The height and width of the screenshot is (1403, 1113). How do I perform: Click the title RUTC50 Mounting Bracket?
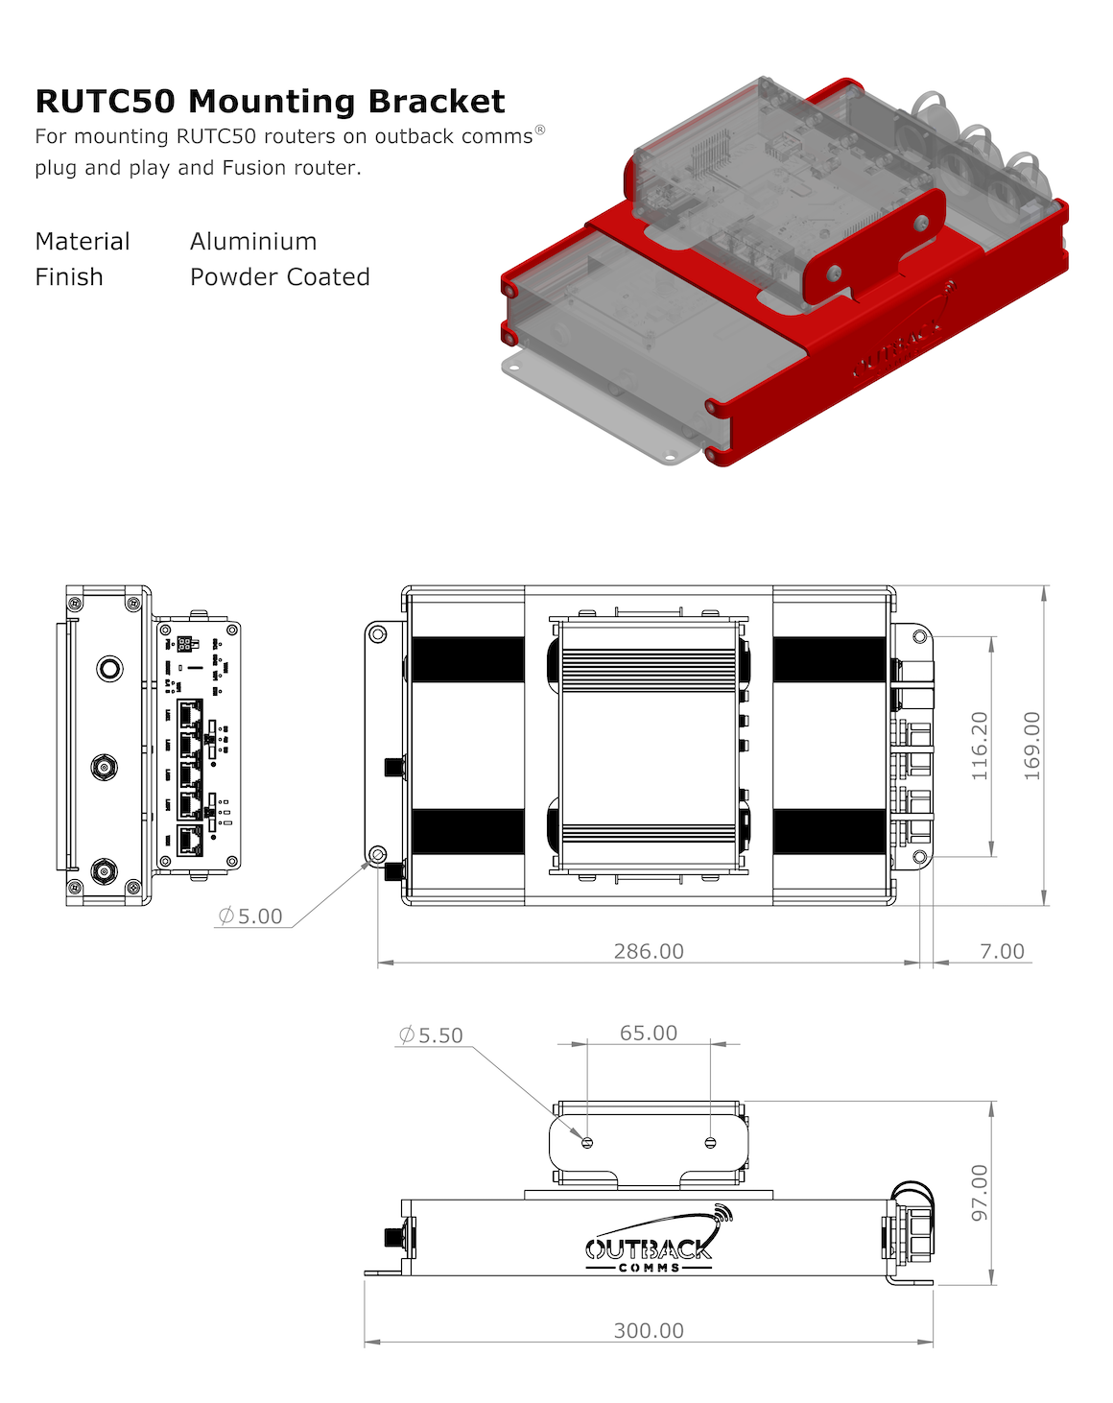point(270,102)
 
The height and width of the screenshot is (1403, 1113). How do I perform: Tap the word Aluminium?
point(253,242)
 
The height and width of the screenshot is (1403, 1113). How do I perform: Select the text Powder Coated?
point(279,277)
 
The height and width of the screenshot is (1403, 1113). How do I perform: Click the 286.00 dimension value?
point(649,951)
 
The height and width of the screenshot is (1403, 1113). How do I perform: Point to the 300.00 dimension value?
point(649,1331)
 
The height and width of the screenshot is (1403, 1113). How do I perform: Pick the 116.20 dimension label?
point(979,746)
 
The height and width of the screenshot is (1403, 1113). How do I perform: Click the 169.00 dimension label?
point(1031,746)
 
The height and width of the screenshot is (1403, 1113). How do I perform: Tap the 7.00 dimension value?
point(1002,951)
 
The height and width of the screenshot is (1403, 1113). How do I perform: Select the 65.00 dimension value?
point(649,1033)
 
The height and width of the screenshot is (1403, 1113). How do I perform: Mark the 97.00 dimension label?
point(979,1193)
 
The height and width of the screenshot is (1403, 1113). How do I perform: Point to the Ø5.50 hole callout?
point(431,1035)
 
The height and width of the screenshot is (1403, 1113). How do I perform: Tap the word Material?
point(83,242)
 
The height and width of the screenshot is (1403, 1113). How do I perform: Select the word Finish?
point(69,277)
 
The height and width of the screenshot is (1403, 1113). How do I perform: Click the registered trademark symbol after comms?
point(540,130)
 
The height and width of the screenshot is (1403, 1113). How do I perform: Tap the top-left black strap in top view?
point(467,659)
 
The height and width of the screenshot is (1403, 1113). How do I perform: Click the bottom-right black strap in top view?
point(830,831)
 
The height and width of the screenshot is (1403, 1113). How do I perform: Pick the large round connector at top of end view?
point(110,668)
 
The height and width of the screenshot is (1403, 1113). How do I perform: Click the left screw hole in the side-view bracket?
point(587,1142)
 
